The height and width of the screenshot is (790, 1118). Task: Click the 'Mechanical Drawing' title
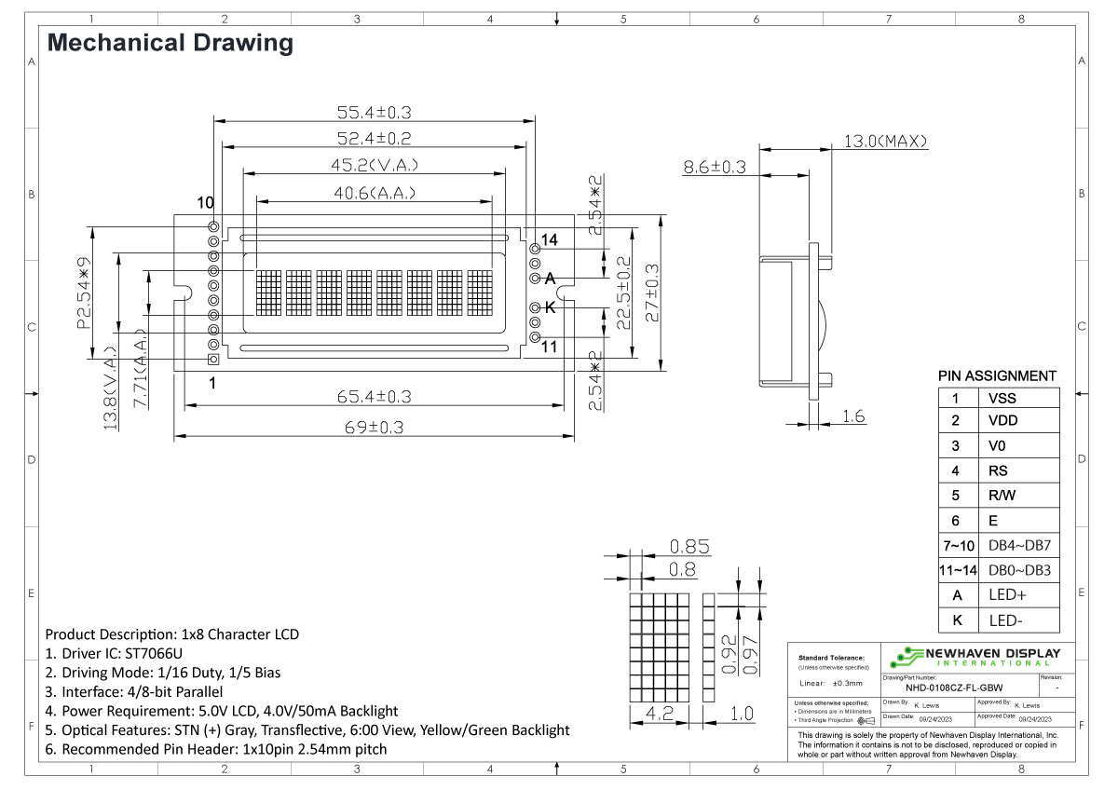click(170, 43)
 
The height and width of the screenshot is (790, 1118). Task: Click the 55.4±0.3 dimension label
click(374, 113)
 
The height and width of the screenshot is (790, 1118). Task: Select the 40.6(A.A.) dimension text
click(374, 194)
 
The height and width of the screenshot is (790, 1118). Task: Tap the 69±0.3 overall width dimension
click(374, 427)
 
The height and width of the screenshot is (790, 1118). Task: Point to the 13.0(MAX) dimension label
click(886, 142)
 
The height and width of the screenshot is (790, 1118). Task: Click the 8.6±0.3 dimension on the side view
click(715, 168)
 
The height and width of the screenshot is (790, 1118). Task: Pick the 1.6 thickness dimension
click(853, 416)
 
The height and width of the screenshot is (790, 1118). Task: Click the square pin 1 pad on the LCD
click(213, 360)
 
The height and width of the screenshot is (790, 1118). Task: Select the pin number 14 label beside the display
click(550, 240)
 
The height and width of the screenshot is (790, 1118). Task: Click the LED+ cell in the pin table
click(1007, 594)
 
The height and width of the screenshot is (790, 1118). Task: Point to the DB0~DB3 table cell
click(1019, 570)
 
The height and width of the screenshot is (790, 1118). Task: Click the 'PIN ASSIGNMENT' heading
click(997, 376)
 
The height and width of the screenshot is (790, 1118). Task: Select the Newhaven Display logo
click(975, 655)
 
